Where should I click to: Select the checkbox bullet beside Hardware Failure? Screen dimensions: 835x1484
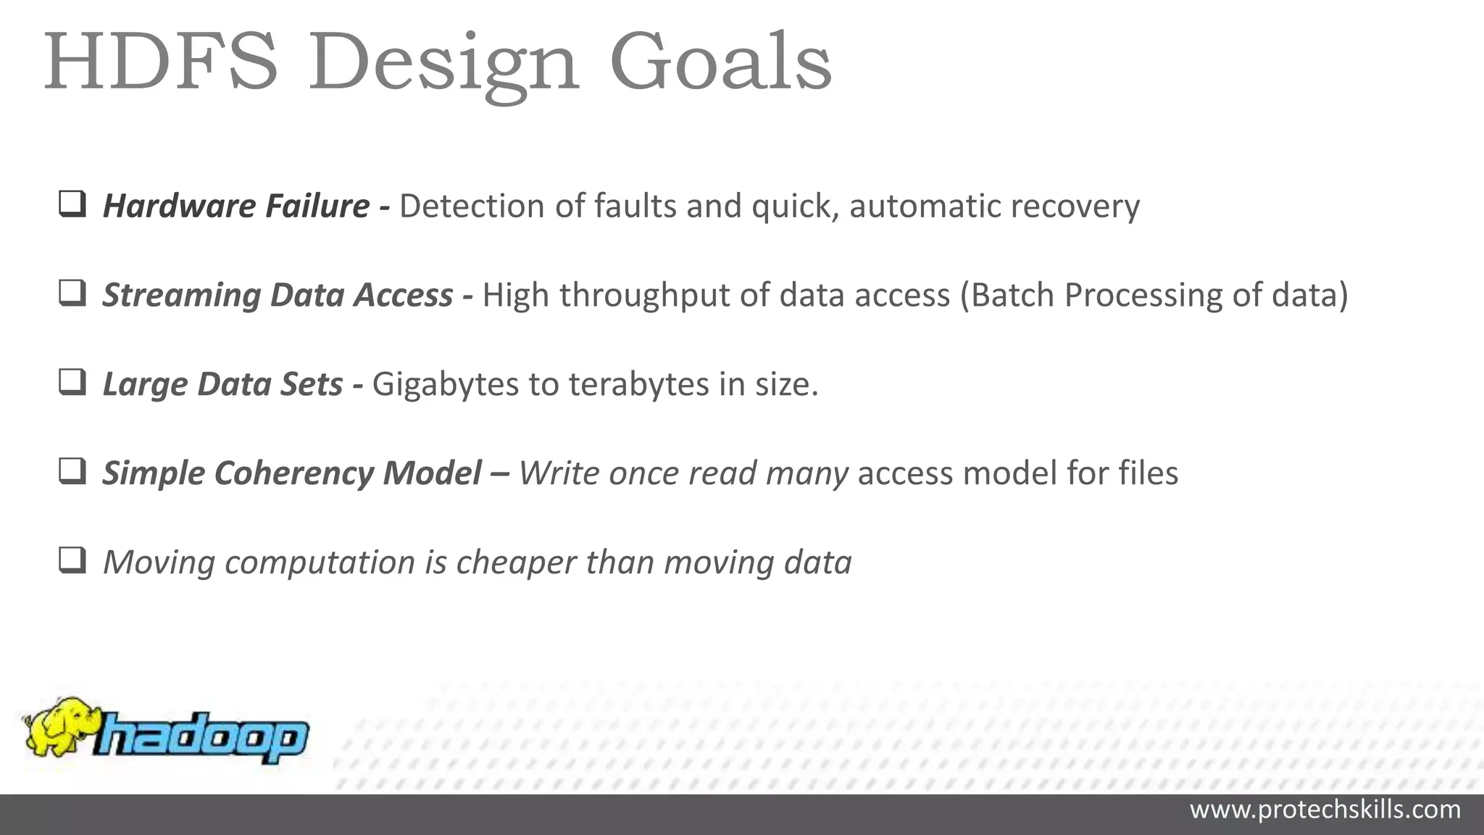tap(72, 204)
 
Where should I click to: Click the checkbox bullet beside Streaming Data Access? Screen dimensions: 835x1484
tap(72, 294)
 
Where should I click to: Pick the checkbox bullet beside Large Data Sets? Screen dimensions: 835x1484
tap(72, 383)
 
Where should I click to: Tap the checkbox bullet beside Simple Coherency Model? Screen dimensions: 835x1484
tap(72, 472)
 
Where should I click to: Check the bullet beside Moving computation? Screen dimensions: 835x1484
tap(72, 561)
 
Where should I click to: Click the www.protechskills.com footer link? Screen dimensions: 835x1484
tap(1325, 810)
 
